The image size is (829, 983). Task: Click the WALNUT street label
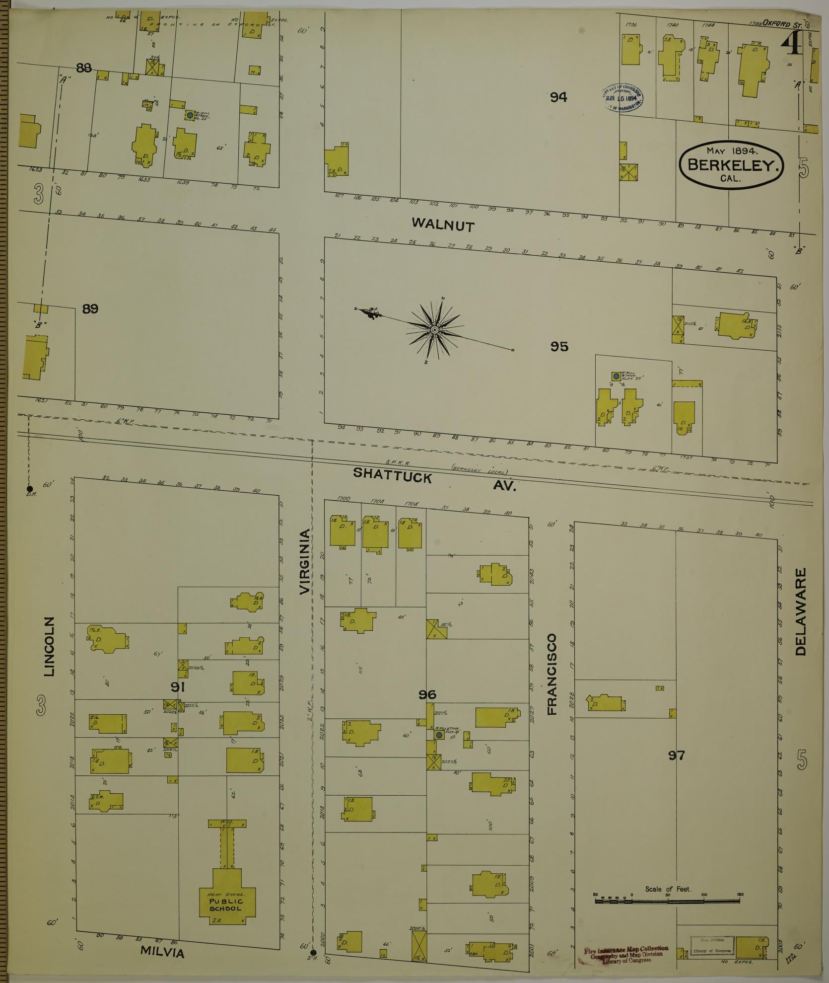443,225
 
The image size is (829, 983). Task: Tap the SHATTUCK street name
392,475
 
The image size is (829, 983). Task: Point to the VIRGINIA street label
304,561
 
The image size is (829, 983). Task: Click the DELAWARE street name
800,612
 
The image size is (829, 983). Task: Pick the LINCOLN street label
49,647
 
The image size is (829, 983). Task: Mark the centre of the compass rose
435,329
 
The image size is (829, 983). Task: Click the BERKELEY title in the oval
731,166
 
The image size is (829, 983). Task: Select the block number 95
559,346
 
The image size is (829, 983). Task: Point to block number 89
90,309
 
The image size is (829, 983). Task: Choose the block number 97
676,769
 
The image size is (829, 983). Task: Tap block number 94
558,97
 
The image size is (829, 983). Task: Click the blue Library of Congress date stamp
622,97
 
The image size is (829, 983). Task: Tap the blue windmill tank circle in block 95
616,376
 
